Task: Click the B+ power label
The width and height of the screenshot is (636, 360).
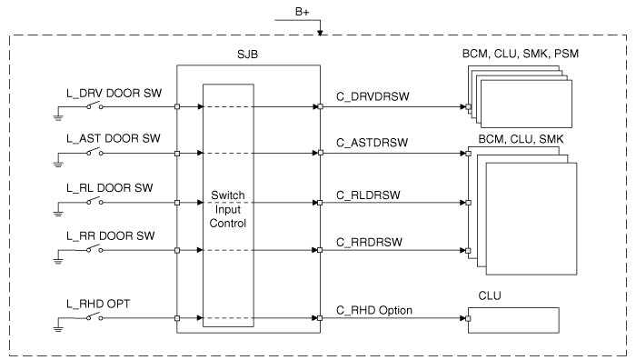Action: click(303, 12)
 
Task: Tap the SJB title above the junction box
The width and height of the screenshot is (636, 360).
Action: click(247, 55)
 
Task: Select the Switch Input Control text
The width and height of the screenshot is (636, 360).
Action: click(228, 209)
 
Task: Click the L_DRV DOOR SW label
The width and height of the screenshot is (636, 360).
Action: click(114, 94)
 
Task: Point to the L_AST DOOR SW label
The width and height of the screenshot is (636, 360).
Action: click(114, 138)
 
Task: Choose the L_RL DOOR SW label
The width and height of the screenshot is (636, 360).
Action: click(110, 188)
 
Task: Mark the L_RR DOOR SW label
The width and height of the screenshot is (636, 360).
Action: click(111, 235)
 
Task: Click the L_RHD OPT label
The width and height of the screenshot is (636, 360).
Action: click(98, 304)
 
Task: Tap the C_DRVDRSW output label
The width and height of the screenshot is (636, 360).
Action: click(373, 96)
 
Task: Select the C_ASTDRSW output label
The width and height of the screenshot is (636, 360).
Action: click(372, 143)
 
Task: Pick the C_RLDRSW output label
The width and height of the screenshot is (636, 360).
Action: click(368, 195)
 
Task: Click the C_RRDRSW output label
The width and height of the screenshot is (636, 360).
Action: click(369, 243)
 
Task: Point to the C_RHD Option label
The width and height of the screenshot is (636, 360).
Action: click(374, 311)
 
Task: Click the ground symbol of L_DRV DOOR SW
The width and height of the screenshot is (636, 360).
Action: click(58, 117)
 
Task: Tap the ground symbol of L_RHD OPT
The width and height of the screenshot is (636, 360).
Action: click(58, 329)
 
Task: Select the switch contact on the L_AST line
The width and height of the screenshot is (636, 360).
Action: click(94, 152)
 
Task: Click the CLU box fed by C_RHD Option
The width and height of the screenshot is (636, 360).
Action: click(513, 320)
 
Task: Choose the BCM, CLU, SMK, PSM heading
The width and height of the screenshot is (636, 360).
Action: click(521, 54)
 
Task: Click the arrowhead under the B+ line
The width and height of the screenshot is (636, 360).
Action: click(320, 33)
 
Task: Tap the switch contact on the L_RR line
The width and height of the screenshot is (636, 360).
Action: click(94, 249)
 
